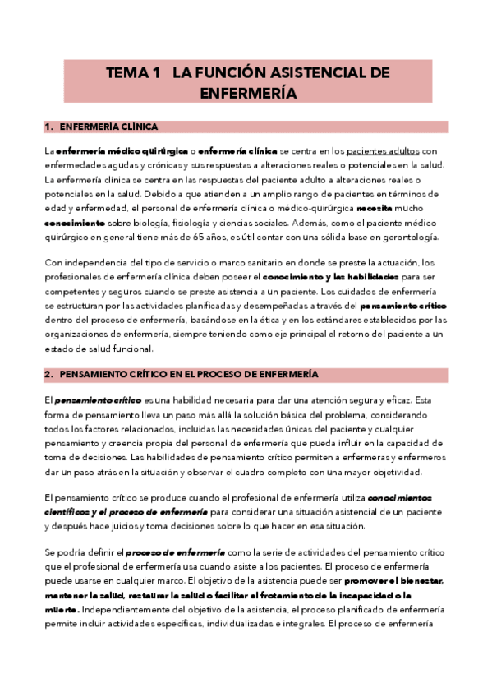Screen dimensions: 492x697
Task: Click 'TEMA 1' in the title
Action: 132,73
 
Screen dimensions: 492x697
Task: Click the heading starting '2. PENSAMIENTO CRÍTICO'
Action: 182,373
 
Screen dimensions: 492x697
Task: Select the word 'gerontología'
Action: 408,238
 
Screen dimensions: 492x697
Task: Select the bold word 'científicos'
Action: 71,511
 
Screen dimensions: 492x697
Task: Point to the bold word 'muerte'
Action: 62,609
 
